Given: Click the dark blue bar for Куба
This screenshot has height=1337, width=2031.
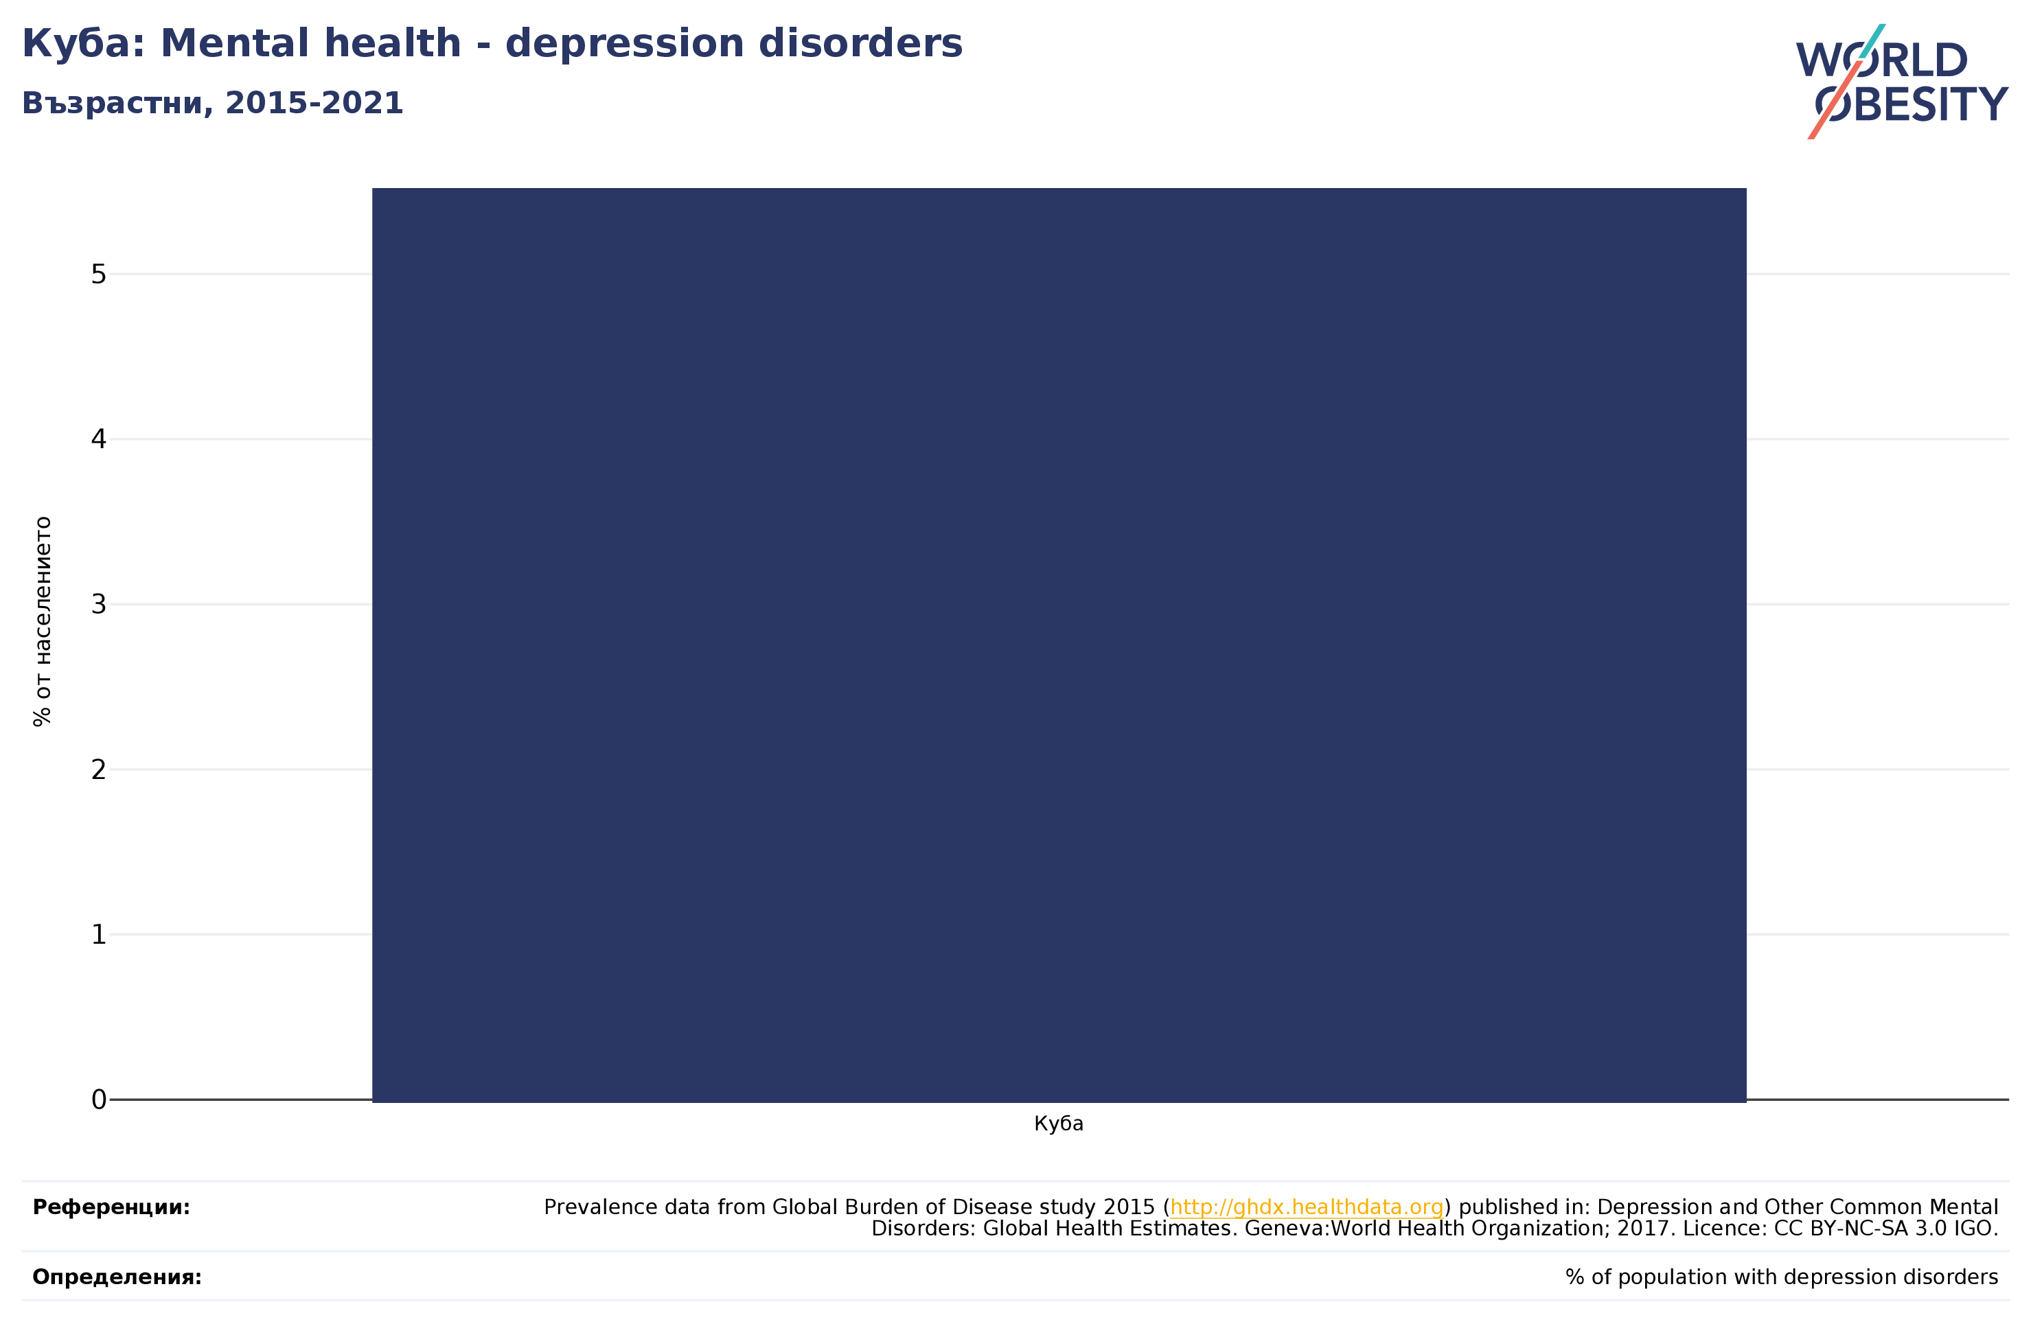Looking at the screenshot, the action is (x=1059, y=645).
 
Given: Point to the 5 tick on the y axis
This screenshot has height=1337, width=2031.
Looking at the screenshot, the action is (x=98, y=274).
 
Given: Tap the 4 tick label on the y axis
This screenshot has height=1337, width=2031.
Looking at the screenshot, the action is (x=98, y=439).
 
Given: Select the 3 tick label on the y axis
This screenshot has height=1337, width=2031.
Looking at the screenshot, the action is (x=98, y=605).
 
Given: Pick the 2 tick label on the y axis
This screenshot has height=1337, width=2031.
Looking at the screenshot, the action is (x=98, y=769).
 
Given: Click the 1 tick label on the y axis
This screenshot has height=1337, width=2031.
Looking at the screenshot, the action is (x=98, y=935).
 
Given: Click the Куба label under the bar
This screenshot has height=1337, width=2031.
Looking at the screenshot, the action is (x=1059, y=1124).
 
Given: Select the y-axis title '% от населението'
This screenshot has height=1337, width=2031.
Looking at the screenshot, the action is (x=43, y=622).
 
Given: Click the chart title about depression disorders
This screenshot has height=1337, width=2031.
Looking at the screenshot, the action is (x=492, y=43).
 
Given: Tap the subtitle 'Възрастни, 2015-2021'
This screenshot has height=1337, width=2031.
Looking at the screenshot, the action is (x=212, y=103).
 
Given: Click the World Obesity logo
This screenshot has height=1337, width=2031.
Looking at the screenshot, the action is (x=1902, y=82).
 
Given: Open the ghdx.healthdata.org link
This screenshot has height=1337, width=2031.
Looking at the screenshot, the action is (x=1307, y=1207).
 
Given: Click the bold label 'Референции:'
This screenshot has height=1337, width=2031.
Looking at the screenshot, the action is (x=112, y=1207).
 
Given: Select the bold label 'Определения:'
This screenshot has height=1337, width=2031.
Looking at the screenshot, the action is (x=117, y=1277).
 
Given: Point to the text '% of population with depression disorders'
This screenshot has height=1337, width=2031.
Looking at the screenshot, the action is (x=1782, y=1277).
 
